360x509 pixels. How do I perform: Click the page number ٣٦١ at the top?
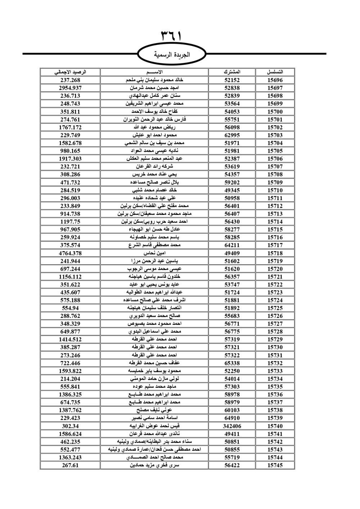point(171,36)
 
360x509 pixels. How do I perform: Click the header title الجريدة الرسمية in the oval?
point(172,55)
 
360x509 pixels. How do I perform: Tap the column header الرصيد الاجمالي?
point(70,72)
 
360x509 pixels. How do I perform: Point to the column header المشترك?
point(232,72)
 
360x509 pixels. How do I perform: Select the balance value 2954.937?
point(70,88)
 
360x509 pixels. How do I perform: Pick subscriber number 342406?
point(232,426)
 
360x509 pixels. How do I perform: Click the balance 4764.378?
point(70,253)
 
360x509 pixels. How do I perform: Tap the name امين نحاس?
point(154,253)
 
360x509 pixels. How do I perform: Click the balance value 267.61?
point(70,465)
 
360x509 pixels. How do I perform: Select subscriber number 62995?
point(232,135)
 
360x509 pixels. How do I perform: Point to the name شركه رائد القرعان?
point(154,167)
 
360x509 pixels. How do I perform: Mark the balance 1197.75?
point(70,222)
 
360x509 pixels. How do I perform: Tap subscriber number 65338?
point(232,363)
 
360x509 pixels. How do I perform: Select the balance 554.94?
point(70,308)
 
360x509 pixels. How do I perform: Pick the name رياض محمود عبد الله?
point(154,127)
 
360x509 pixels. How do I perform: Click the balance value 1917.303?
point(70,159)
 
